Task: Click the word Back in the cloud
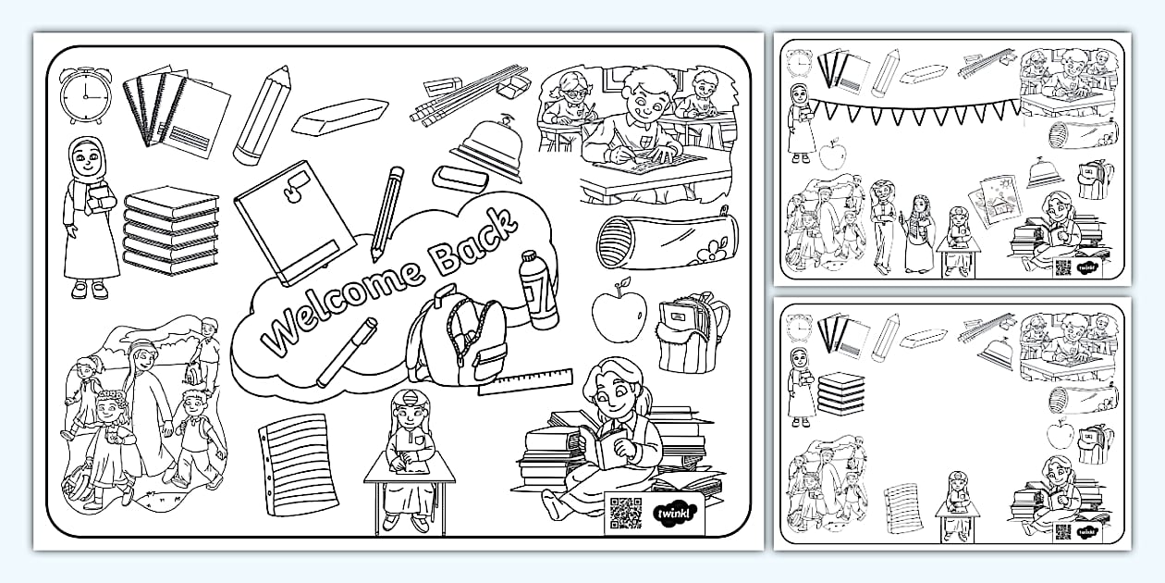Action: click(474, 244)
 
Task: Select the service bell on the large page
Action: click(487, 148)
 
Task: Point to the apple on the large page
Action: click(619, 312)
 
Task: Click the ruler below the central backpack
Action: click(525, 380)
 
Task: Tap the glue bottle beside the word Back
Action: click(539, 290)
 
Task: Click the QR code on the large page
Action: click(625, 513)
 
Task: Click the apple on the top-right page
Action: click(832, 155)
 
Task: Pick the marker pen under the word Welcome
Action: click(347, 352)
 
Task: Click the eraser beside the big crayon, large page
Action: click(339, 117)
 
